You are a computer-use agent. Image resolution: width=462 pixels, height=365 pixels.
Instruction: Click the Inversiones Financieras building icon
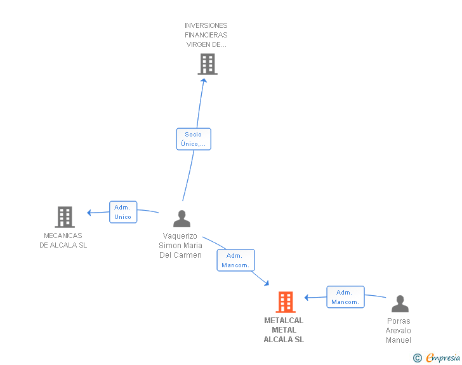point(208,64)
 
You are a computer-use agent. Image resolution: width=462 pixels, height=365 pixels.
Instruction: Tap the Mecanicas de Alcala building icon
point(64,217)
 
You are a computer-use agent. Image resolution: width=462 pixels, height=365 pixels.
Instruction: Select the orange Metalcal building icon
point(286,302)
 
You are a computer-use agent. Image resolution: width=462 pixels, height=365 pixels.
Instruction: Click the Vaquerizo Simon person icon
point(181,218)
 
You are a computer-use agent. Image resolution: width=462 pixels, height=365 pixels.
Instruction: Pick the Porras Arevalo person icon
point(400,304)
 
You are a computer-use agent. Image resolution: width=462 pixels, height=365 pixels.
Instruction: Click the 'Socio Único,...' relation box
point(193,139)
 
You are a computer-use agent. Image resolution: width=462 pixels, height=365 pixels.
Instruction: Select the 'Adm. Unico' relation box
point(122,212)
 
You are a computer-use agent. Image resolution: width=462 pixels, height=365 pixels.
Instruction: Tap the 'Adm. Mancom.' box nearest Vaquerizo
point(235,260)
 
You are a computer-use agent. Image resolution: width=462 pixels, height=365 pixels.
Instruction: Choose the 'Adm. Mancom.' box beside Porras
point(345,297)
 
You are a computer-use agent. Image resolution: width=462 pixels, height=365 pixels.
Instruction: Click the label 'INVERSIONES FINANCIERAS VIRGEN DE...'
point(206,36)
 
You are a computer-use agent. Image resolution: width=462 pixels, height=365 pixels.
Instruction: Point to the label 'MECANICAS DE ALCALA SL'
point(63,241)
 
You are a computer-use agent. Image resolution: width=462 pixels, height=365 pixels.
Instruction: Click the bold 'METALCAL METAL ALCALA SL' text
point(284,330)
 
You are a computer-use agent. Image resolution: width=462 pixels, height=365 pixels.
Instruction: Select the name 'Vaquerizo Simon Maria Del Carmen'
point(181,246)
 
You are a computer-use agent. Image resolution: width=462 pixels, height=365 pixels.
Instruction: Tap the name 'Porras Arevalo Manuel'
point(399,331)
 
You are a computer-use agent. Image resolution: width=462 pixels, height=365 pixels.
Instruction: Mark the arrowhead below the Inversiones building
point(204,81)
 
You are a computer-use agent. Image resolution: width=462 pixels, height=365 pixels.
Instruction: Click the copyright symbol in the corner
point(417,358)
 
